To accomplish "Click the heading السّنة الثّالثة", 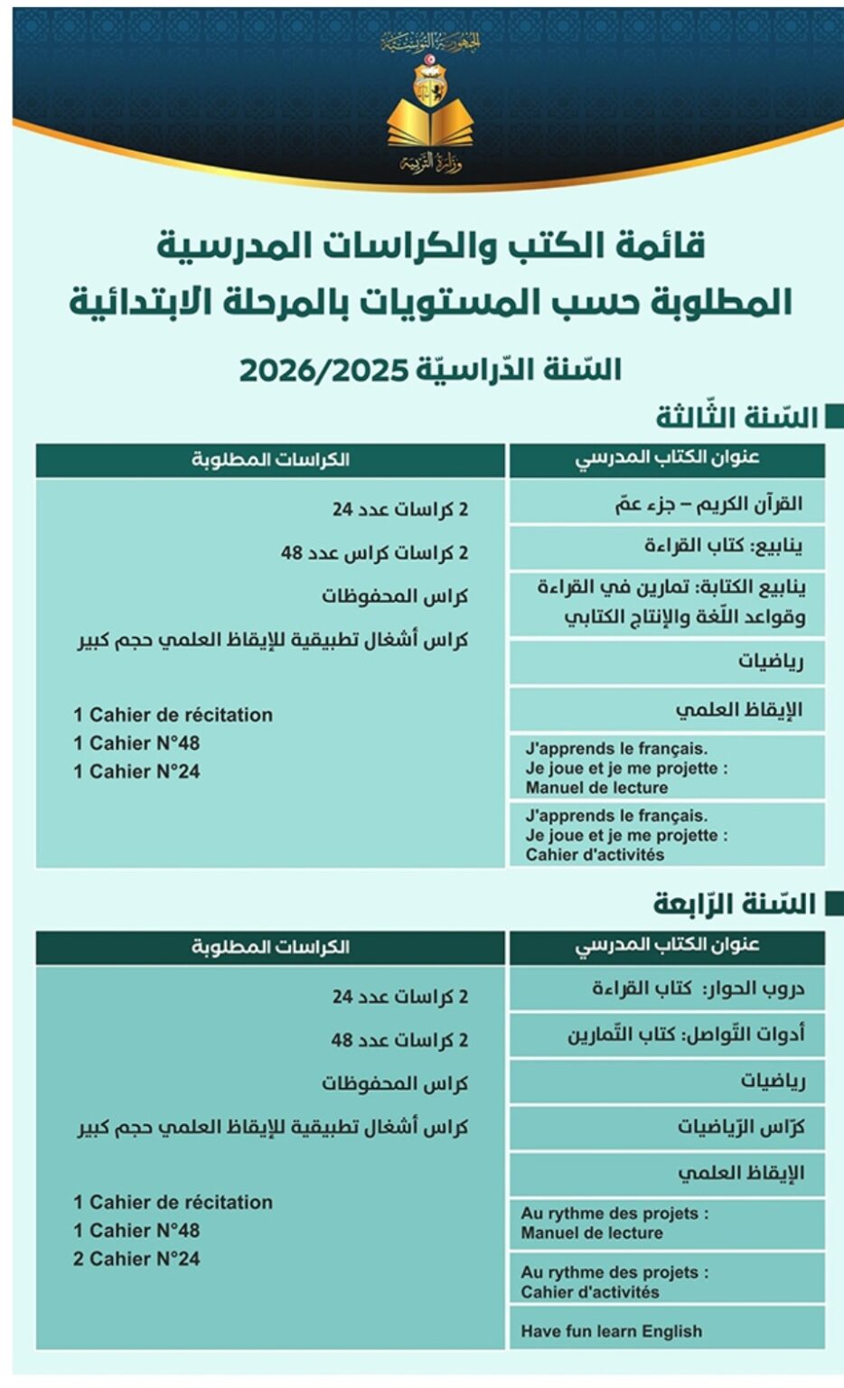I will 736,417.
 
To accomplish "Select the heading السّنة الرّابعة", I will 735,904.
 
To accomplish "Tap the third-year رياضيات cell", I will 667,662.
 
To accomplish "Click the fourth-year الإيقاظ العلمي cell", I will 667,1174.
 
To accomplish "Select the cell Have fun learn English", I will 667,1330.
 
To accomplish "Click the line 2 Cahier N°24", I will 136,1259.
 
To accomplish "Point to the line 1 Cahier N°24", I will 136,772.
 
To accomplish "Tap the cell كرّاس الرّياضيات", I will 667,1128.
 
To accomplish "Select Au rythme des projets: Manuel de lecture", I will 667,1224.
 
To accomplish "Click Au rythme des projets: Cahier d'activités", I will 667,1281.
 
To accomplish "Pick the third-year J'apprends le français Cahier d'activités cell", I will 667,835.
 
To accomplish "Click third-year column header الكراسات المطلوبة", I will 270,460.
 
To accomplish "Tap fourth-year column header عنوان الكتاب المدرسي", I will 667,945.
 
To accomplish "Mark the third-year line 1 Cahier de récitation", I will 173,715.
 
